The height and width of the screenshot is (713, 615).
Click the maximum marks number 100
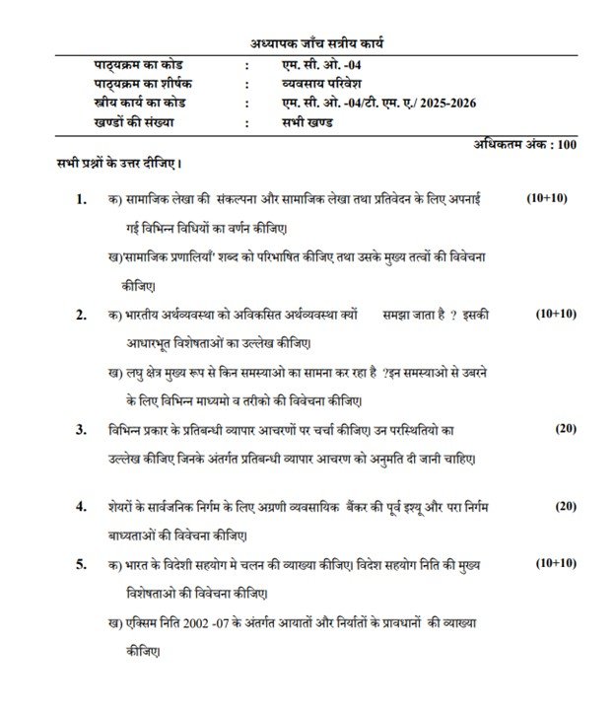coord(566,144)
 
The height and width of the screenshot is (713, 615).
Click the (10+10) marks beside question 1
coord(547,199)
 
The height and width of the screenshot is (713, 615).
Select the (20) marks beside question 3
coord(565,429)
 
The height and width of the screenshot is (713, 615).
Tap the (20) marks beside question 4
coord(565,506)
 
